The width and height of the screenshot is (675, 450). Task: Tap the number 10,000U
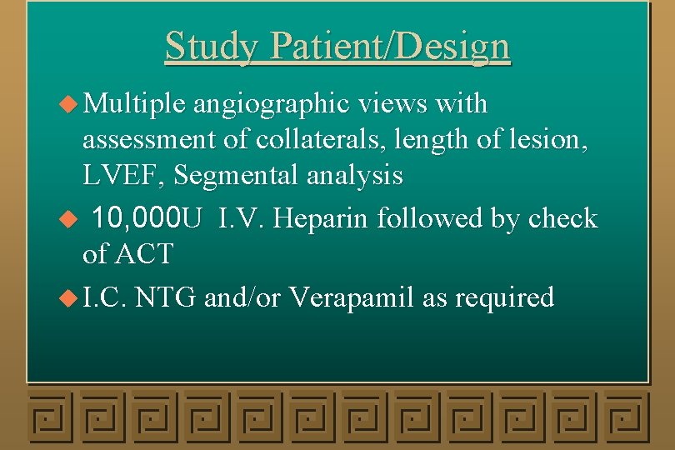147,218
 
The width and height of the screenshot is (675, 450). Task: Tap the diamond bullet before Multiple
72,105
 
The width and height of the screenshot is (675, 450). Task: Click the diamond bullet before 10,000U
72,219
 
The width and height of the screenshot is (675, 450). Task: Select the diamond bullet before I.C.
72,297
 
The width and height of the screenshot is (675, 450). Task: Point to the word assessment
147,140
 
